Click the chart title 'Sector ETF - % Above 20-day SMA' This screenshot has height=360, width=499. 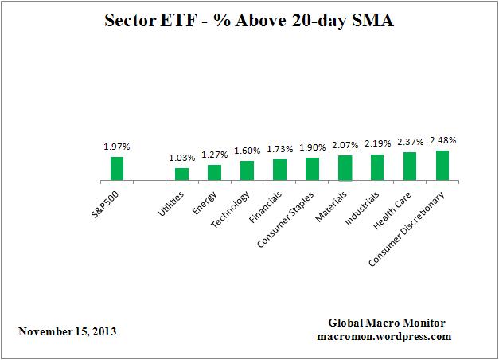250,22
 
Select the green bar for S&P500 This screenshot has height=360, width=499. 117,168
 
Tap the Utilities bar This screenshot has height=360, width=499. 181,174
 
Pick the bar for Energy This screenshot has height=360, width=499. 214,172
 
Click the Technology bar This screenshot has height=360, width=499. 247,170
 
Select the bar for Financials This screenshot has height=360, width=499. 279,170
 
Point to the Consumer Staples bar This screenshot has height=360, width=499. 312,169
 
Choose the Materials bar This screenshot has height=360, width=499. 345,167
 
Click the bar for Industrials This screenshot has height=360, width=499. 377,167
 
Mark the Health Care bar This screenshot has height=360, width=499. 410,166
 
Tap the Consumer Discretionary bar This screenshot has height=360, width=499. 442,165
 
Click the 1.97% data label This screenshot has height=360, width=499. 117,147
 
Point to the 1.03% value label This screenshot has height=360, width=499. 182,158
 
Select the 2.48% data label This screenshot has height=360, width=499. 442,140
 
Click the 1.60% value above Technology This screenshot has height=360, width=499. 248,151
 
